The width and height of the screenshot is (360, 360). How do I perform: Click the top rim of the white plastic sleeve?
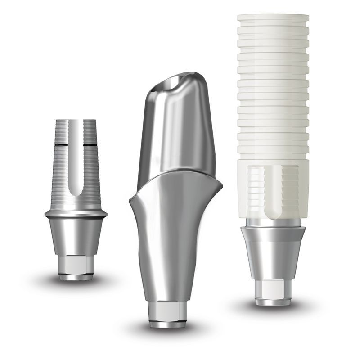click(x=273, y=18)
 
